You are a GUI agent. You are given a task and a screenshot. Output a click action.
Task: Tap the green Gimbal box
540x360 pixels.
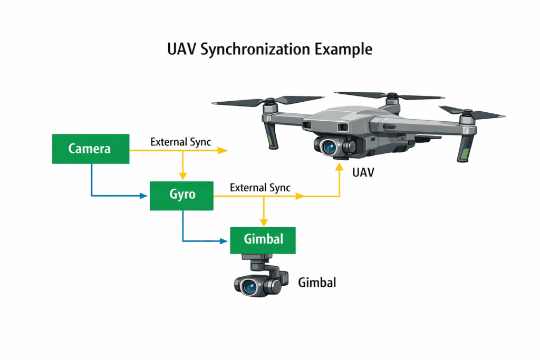[x=263, y=240]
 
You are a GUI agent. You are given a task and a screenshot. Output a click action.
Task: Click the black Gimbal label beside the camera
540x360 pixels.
[x=317, y=283]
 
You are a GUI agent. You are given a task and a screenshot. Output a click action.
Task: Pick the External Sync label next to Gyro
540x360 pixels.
[x=261, y=188]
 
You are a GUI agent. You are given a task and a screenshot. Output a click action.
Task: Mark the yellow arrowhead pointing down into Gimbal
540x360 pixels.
[x=263, y=222]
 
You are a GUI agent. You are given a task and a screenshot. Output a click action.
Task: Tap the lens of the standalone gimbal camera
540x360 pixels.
[x=249, y=286]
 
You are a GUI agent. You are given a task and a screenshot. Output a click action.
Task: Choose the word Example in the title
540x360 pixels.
[x=344, y=50]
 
